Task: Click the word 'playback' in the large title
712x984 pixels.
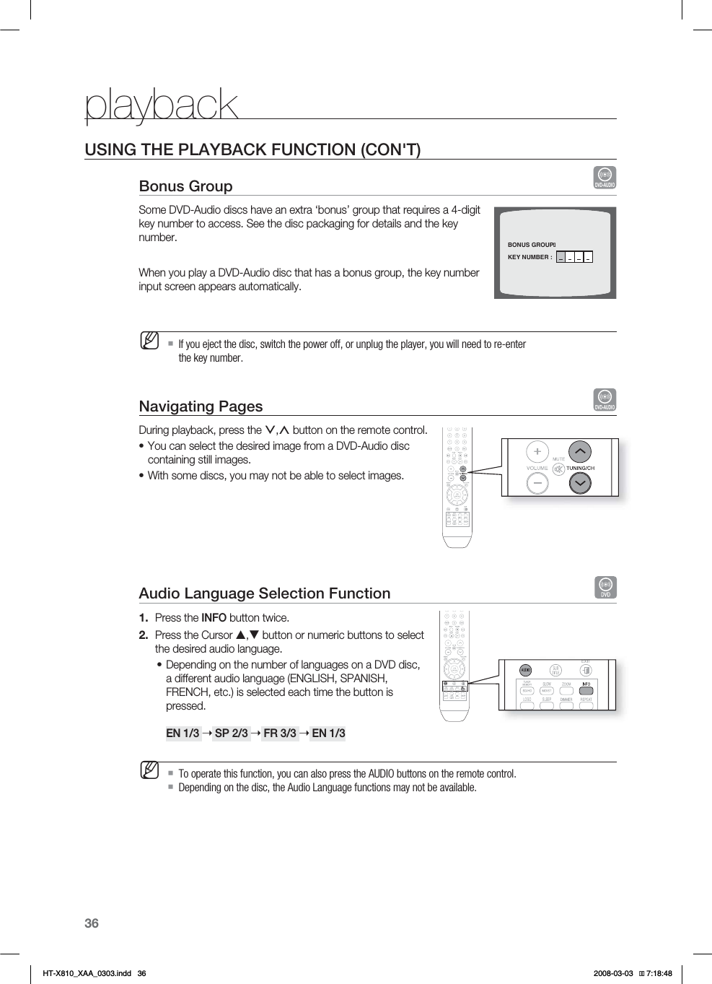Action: click(161, 105)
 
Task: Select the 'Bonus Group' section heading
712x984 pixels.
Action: click(185, 186)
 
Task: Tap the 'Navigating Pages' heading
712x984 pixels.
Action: click(201, 406)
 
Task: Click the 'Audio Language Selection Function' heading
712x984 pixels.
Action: click(264, 593)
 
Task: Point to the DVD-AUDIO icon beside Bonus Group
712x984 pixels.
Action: click(605, 178)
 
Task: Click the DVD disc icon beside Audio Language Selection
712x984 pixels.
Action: click(605, 587)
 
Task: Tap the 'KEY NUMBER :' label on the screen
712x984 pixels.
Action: click(529, 257)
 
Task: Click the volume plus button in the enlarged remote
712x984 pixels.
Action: click(537, 452)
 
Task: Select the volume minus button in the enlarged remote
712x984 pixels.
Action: click(537, 483)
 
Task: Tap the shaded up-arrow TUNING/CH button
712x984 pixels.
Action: click(580, 452)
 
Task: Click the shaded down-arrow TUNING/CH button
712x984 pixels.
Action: click(580, 483)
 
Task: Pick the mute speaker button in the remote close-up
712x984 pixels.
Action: click(558, 469)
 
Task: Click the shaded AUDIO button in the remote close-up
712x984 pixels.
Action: click(526, 670)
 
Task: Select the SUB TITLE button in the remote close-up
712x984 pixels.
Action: click(555, 670)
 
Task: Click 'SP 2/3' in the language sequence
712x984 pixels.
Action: click(231, 733)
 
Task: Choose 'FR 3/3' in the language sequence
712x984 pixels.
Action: click(280, 733)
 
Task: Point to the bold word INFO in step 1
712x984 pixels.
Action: click(214, 618)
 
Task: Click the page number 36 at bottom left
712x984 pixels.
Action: click(92, 923)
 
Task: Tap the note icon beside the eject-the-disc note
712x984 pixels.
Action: click(150, 340)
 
